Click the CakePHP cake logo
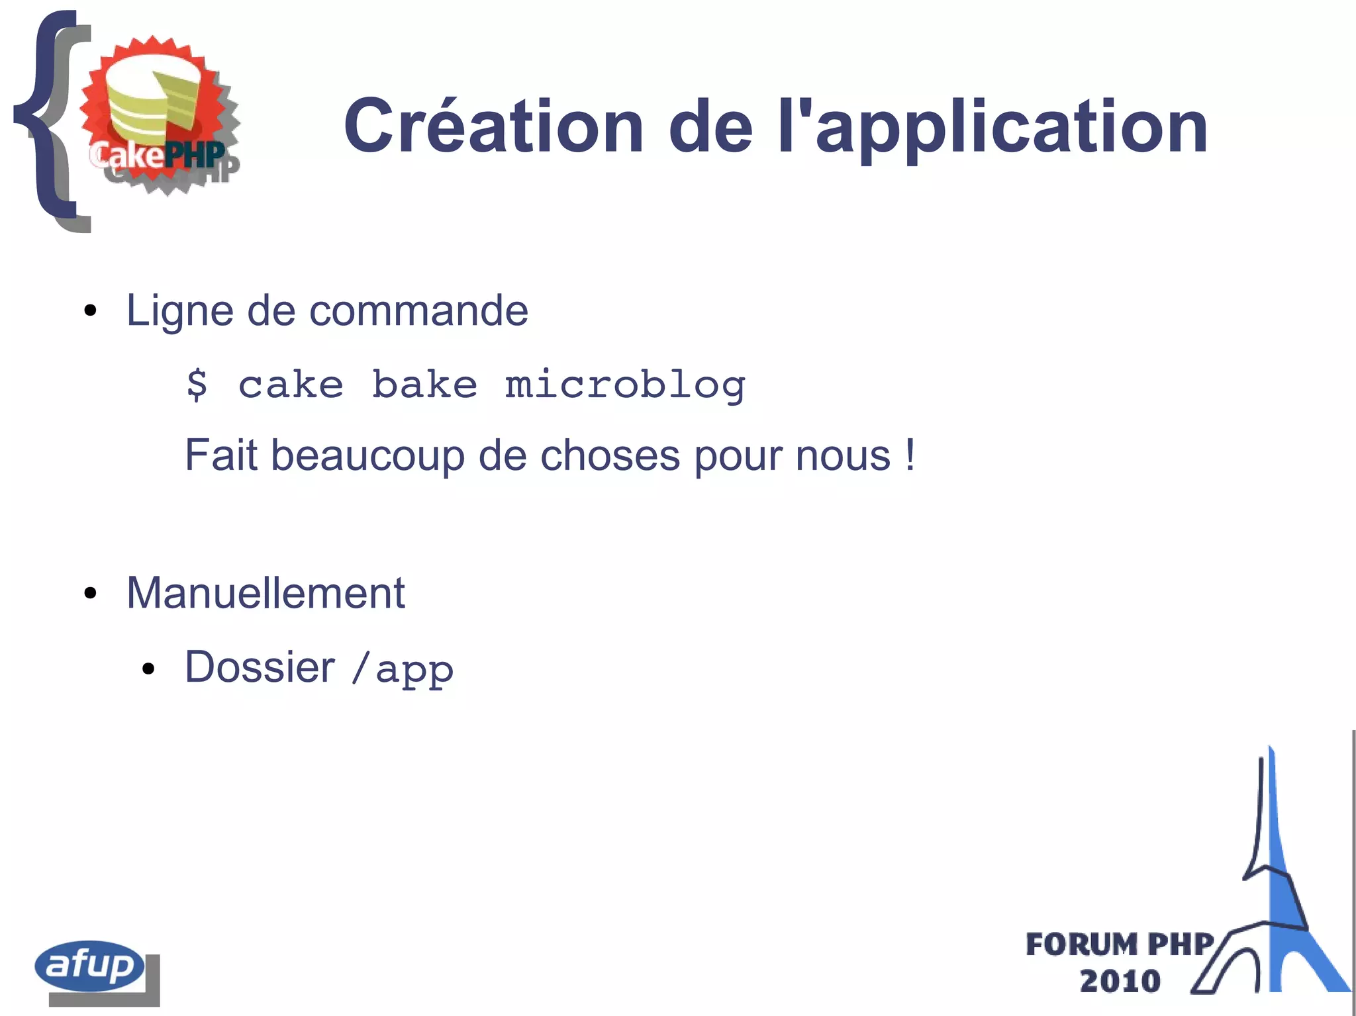pos(159,116)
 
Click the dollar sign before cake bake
pos(197,385)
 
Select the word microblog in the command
pos(625,385)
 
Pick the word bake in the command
pos(424,385)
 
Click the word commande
pos(418,310)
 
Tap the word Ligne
pos(179,311)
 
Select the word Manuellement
pos(266,592)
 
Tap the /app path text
pos(403,669)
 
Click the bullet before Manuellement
pos(91,593)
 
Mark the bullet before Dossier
pos(148,669)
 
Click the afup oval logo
pos(89,966)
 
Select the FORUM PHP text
pos(1119,945)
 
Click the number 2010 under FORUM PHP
pos(1120,981)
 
